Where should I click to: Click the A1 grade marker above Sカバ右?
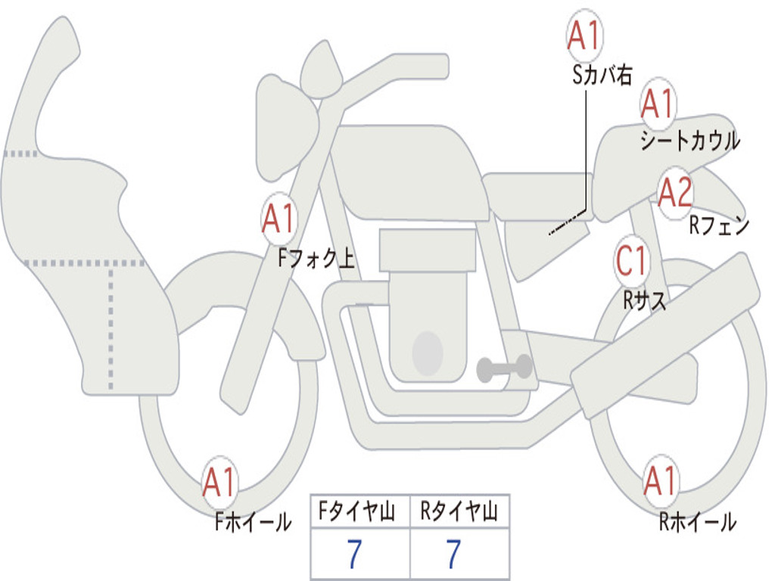(x=584, y=36)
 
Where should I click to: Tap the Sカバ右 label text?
(x=602, y=74)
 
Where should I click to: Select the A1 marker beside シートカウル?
(x=657, y=104)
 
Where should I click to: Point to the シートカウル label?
(x=689, y=141)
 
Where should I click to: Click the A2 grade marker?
(x=674, y=193)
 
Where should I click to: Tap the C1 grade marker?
(x=631, y=261)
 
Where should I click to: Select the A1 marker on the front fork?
(x=279, y=219)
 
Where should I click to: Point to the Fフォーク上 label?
(x=316, y=259)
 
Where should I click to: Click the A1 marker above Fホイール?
(x=219, y=482)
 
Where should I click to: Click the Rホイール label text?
(x=697, y=521)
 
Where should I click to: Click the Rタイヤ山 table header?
(x=459, y=513)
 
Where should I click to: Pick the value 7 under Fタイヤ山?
(x=354, y=555)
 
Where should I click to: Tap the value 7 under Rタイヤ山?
(x=453, y=555)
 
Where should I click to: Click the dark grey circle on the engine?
(x=427, y=353)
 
